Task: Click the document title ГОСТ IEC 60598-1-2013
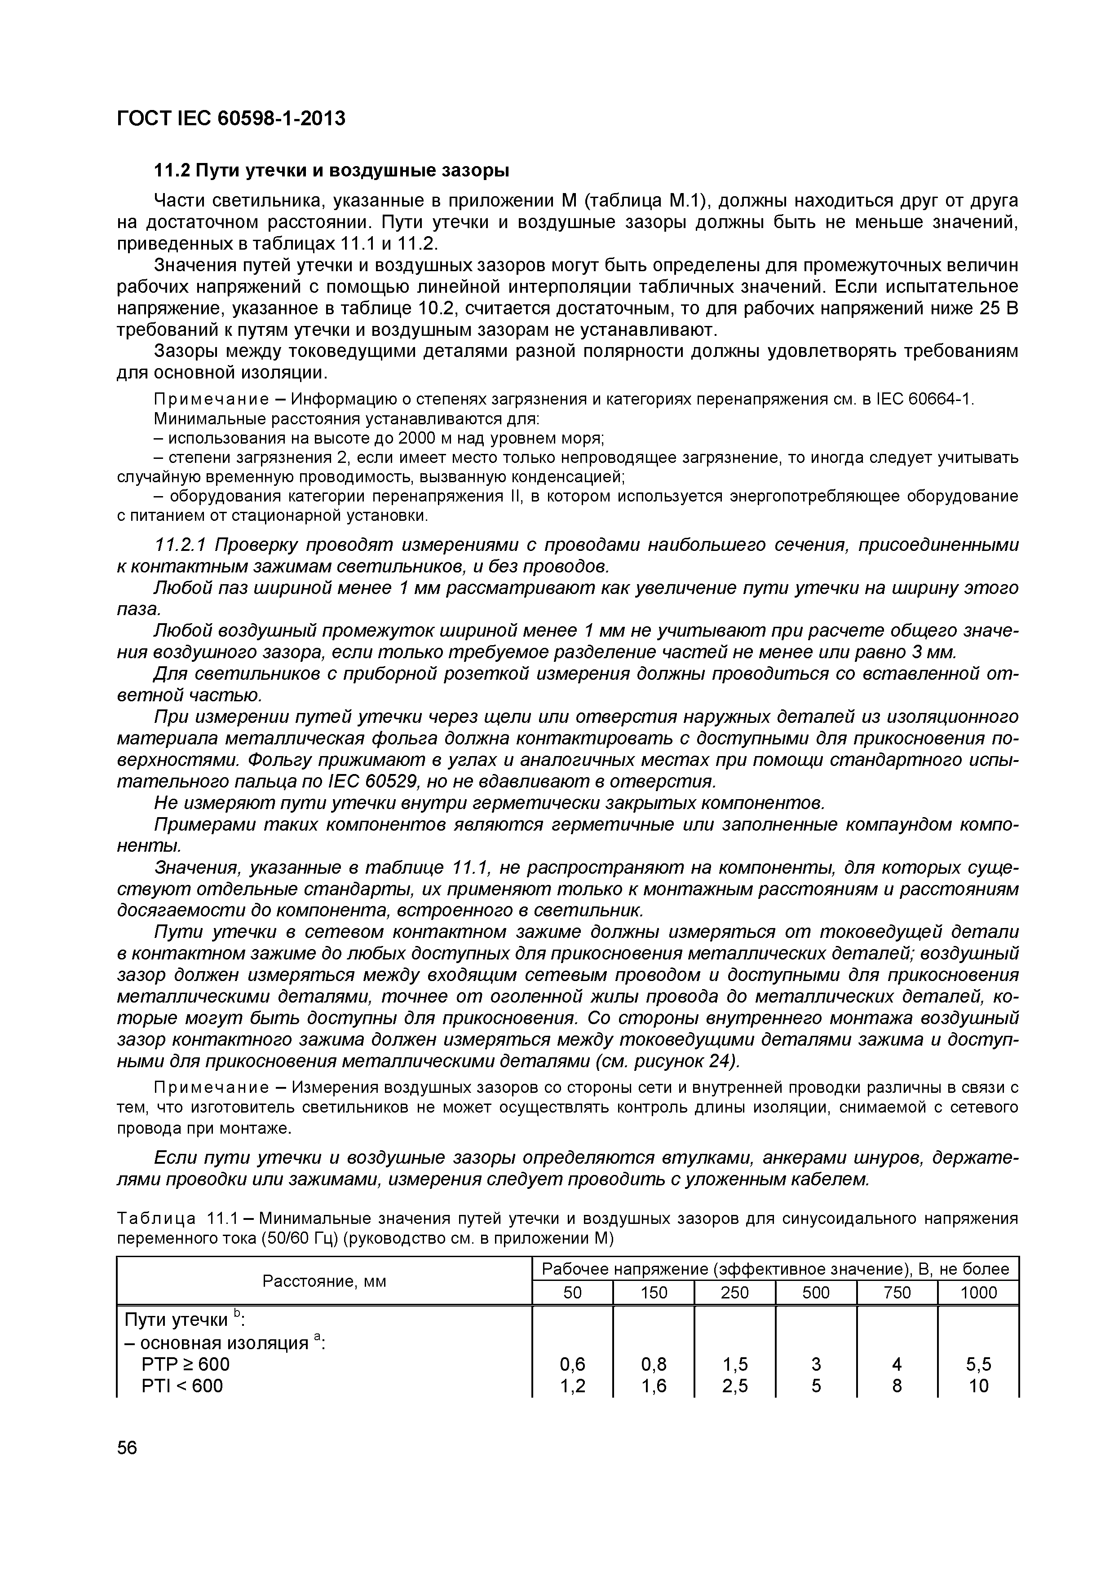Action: click(230, 119)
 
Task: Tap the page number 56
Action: click(127, 1447)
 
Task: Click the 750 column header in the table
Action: click(897, 1293)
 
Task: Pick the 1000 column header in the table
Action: click(978, 1293)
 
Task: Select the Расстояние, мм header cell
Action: click(325, 1281)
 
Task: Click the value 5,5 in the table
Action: click(978, 1364)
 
